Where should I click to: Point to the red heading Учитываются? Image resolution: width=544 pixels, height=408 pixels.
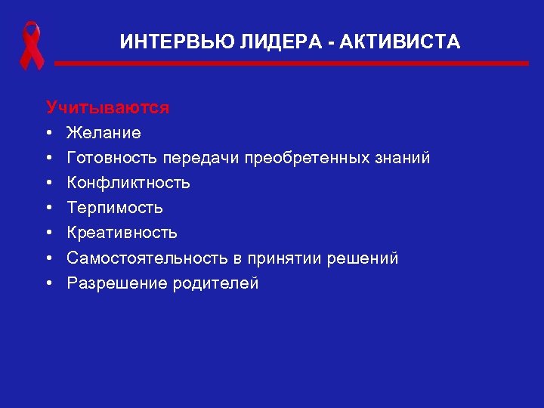point(107,107)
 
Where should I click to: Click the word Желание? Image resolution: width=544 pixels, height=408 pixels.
point(104,133)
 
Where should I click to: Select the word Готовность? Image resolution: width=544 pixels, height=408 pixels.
point(112,158)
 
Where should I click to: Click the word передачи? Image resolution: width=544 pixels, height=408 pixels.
point(194,158)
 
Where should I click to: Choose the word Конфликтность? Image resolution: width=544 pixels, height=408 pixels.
point(128,183)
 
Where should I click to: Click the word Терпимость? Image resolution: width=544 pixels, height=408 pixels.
point(115,208)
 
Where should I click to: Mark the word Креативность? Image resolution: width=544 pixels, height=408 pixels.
point(122,233)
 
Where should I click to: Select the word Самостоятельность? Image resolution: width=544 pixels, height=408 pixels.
point(147,258)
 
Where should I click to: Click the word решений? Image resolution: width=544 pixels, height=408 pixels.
point(363,258)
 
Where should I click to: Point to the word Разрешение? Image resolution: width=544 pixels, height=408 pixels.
point(111,283)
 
